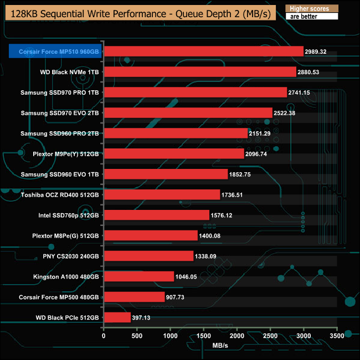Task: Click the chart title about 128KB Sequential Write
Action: pyautogui.click(x=139, y=12)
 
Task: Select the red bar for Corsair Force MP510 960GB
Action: pyautogui.click(x=203, y=52)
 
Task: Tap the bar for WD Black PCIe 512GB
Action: pyautogui.click(x=117, y=317)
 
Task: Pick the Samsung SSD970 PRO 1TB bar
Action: pyautogui.click(x=195, y=92)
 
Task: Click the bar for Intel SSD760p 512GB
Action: pyautogui.click(x=156, y=215)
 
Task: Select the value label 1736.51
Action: pyautogui.click(x=236, y=195)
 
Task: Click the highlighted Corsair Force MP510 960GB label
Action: pyautogui.click(x=56, y=52)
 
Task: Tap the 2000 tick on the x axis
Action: pyautogui.click(x=237, y=336)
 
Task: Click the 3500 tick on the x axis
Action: pyautogui.click(x=337, y=336)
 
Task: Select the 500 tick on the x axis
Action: pyautogui.click(x=137, y=336)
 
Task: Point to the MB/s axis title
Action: pyautogui.click(x=220, y=346)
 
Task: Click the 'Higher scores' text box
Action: pyautogui.click(x=310, y=9)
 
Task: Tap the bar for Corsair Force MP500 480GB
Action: pyautogui.click(x=134, y=297)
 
